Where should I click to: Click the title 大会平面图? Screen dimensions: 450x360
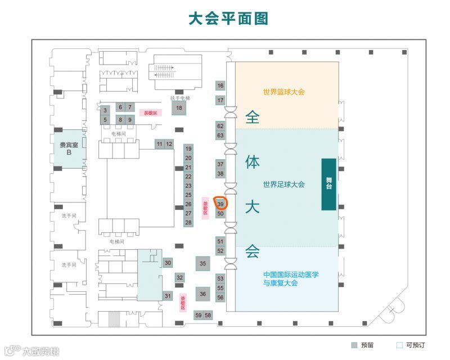228,18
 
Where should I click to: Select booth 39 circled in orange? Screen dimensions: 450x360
220,204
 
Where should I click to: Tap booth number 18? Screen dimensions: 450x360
179,108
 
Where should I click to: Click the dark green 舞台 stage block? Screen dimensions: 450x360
328,184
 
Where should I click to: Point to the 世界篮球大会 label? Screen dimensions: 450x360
283,92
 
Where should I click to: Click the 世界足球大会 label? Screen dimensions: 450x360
283,184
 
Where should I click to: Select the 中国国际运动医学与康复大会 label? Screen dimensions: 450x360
291,278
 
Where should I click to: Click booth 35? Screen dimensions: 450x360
203,263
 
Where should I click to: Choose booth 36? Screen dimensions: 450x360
203,293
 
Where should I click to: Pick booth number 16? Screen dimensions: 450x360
220,85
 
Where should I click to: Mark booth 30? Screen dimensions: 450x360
168,263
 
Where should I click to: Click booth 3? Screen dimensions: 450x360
105,110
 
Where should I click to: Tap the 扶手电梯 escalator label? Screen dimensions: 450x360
180,98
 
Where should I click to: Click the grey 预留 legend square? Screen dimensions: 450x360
354,345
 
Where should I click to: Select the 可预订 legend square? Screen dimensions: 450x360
399,345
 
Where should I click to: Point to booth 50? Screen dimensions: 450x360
220,214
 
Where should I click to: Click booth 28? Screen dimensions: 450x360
188,223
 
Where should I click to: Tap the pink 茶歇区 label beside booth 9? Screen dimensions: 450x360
150,112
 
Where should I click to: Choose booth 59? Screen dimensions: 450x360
198,315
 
